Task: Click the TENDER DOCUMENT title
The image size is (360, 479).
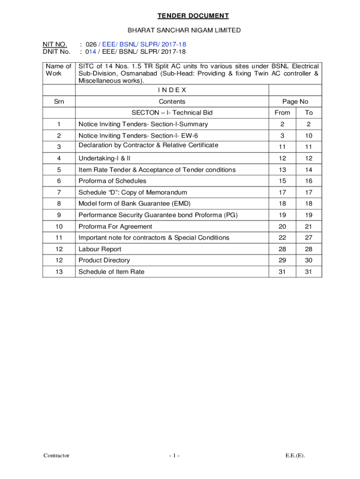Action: click(x=193, y=16)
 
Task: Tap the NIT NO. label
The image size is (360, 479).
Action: click(x=55, y=44)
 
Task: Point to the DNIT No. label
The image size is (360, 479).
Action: click(x=56, y=52)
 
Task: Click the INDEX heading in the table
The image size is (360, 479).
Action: click(x=172, y=90)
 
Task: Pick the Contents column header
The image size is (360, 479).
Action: click(x=172, y=102)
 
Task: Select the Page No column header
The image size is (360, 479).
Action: click(x=295, y=102)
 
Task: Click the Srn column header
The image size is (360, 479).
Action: click(x=59, y=102)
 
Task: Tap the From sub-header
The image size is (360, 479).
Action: click(x=282, y=113)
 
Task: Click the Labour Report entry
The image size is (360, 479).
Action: click(x=100, y=249)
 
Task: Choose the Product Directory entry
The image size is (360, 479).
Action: click(x=104, y=260)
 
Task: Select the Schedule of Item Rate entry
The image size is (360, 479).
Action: click(x=111, y=272)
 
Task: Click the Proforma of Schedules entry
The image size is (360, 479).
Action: click(x=112, y=181)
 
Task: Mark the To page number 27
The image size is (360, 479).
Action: click(x=309, y=238)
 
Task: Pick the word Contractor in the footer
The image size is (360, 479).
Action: click(x=57, y=456)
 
